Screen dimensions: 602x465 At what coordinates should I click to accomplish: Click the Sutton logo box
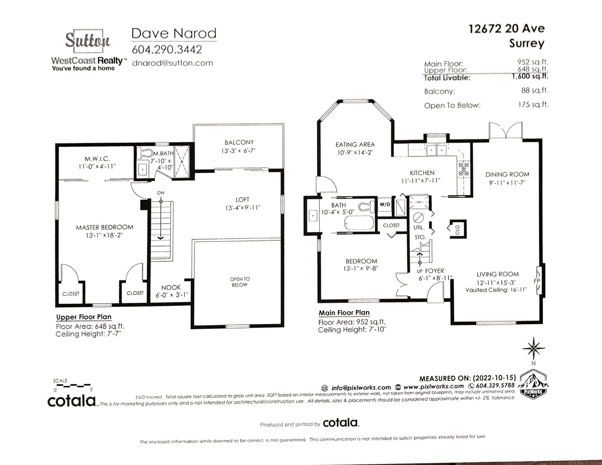click(x=88, y=41)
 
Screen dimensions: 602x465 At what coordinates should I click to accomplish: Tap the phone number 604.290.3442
click(x=167, y=50)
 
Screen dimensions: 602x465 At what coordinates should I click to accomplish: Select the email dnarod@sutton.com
click(x=172, y=63)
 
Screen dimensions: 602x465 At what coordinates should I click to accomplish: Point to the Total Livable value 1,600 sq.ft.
click(x=530, y=76)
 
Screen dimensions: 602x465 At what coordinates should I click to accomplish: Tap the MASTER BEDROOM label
click(x=105, y=227)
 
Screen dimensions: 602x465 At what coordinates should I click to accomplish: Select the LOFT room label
click(x=242, y=200)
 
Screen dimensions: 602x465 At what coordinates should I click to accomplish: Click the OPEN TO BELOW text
click(x=240, y=282)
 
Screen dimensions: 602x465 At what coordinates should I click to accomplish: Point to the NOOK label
click(x=171, y=287)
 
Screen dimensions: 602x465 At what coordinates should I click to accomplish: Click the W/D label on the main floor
click(x=385, y=205)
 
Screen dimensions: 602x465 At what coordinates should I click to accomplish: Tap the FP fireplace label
click(x=537, y=281)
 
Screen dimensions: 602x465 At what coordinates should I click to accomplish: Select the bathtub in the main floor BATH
click(x=359, y=222)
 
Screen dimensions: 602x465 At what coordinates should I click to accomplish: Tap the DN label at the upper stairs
click(x=161, y=193)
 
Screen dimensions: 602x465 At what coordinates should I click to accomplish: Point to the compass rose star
click(x=534, y=348)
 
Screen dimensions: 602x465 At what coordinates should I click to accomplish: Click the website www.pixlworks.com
click(x=433, y=386)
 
